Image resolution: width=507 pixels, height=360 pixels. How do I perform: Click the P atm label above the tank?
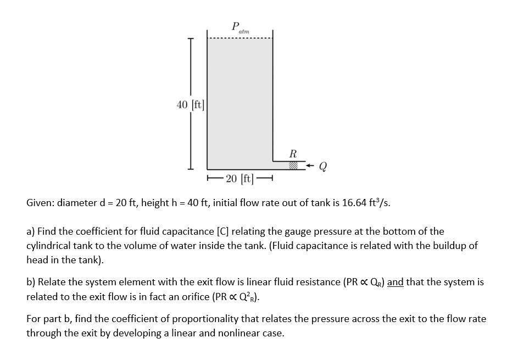(240, 27)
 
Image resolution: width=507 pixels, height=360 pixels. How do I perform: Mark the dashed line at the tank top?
(239, 38)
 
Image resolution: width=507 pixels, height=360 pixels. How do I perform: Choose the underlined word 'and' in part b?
(395, 282)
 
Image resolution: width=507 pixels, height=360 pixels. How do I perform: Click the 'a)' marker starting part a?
(31, 231)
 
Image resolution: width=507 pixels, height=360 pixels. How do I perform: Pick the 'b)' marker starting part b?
(31, 282)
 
